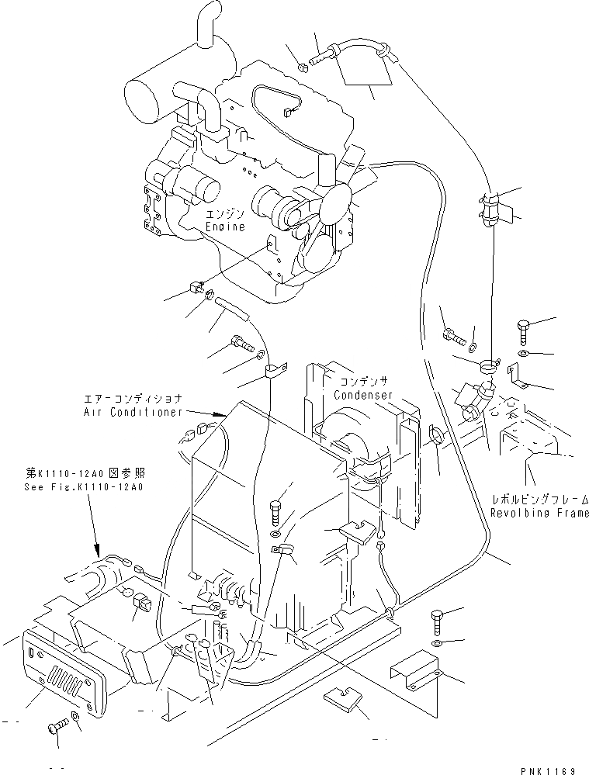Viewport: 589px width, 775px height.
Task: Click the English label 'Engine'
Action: coord(225,227)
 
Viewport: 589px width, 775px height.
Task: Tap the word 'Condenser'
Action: coord(362,395)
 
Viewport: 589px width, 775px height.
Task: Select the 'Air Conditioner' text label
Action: coord(132,412)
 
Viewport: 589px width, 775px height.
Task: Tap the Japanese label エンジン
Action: coord(225,213)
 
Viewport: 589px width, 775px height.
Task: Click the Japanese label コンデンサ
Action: coord(362,381)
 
